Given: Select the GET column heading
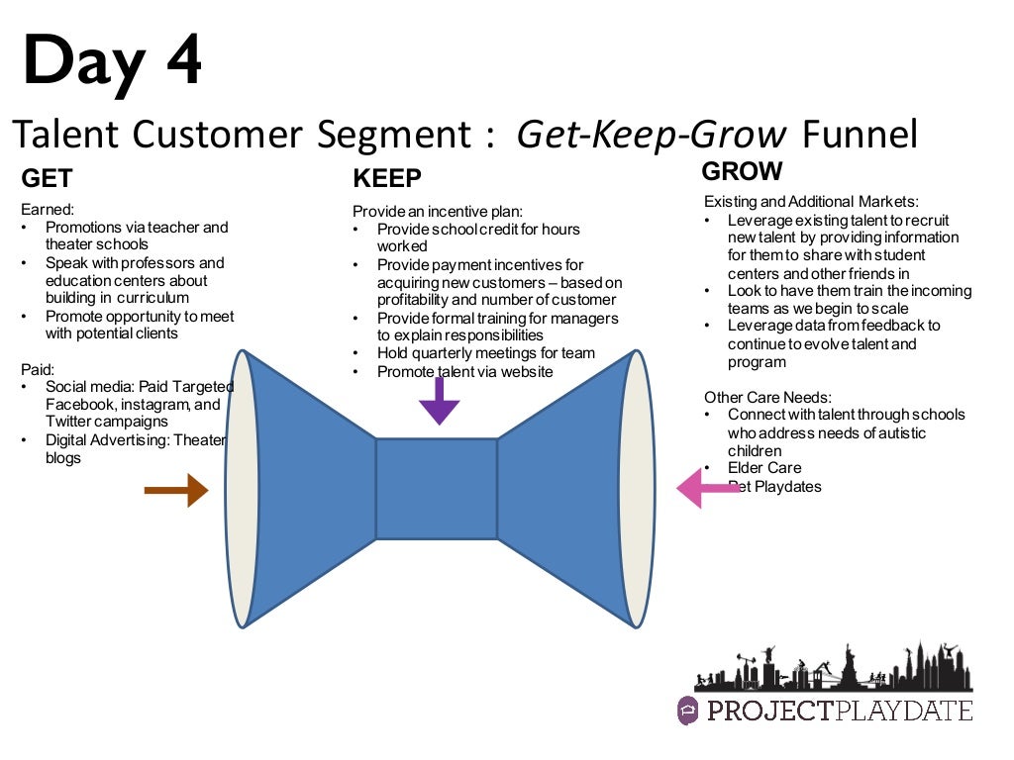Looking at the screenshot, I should tap(47, 178).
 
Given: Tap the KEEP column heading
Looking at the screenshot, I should tap(387, 178).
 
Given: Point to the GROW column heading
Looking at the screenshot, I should tap(742, 171).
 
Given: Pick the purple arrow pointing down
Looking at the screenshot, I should tap(440, 401).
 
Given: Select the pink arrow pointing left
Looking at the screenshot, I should tap(706, 487).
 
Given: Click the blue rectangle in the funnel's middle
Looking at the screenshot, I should tap(437, 489).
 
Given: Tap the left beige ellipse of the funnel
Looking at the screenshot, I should tap(243, 488).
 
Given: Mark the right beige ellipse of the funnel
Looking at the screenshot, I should tap(638, 488).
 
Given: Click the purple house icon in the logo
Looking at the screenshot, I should tap(688, 711).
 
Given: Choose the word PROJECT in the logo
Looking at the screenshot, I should tap(765, 711).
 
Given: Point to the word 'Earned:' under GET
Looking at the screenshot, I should tap(47, 209).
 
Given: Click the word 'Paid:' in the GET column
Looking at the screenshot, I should tap(38, 369).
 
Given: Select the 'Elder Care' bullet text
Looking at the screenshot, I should tap(764, 468).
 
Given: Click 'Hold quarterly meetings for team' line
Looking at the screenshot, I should tap(486, 353).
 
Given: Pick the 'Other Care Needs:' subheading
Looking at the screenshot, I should tap(766, 397).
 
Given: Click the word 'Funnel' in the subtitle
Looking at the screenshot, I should tap(860, 135).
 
